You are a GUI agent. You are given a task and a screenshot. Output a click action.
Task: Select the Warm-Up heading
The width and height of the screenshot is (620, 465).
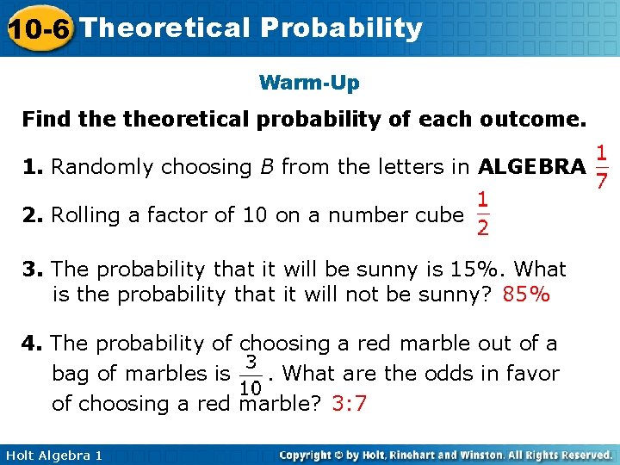(309, 84)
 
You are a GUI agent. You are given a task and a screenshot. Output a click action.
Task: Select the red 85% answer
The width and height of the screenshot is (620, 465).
(526, 295)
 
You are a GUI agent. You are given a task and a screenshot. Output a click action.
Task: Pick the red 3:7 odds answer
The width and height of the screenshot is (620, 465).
(349, 403)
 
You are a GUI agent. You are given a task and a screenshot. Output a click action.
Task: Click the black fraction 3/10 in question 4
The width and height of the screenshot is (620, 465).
(251, 374)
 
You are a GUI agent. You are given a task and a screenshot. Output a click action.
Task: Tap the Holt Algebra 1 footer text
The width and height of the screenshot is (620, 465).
(53, 455)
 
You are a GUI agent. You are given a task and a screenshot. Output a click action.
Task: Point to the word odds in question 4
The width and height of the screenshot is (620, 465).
(457, 374)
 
